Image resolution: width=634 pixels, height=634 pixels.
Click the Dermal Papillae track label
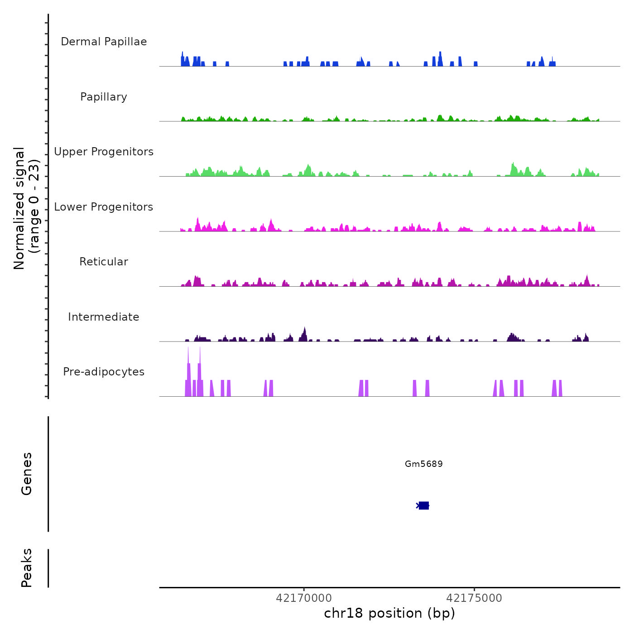[x=104, y=42]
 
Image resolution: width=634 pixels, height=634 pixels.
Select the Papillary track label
[x=104, y=97]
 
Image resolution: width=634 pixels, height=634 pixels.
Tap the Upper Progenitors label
[x=104, y=152]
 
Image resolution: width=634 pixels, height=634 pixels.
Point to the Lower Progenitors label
[x=104, y=207]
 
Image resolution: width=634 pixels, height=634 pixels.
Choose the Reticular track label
[x=104, y=262]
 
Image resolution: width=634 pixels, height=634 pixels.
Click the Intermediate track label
[x=104, y=317]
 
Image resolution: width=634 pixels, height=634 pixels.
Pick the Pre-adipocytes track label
[x=104, y=372]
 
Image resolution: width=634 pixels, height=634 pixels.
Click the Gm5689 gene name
[x=424, y=464]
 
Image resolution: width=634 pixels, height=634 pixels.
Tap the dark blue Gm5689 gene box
[x=423, y=505]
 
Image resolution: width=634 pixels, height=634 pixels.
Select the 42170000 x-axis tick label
[x=304, y=598]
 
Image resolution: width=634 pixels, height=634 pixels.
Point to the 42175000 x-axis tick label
[x=474, y=598]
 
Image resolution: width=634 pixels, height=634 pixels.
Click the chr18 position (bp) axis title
[x=389, y=613]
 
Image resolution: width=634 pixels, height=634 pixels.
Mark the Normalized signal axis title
[x=19, y=208]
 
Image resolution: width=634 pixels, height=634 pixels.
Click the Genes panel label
[x=27, y=474]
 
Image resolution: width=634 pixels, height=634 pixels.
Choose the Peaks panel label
[x=27, y=568]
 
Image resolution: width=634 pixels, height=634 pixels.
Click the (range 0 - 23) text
[x=34, y=206]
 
